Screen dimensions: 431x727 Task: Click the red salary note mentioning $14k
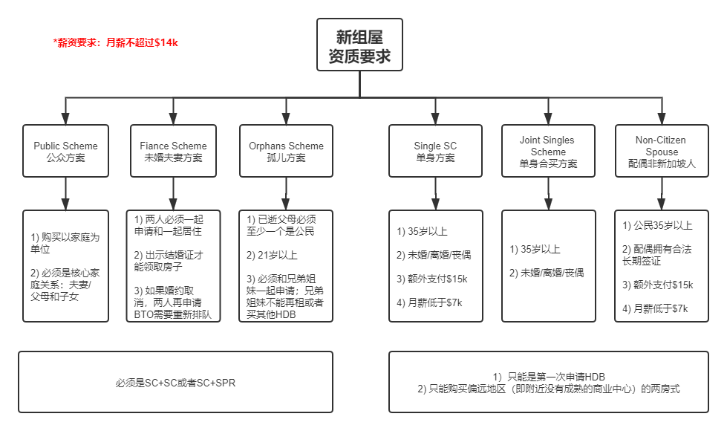tap(116, 42)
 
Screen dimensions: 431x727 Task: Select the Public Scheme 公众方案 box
tap(65, 152)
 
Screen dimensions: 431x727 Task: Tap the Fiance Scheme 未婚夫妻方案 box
tap(173, 152)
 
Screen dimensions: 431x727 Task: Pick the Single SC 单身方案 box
tap(435, 152)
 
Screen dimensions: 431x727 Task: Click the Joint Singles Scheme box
tap(548, 152)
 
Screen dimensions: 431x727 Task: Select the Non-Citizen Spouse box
tap(660, 152)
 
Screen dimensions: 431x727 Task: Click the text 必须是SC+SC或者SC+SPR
tap(175, 383)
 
